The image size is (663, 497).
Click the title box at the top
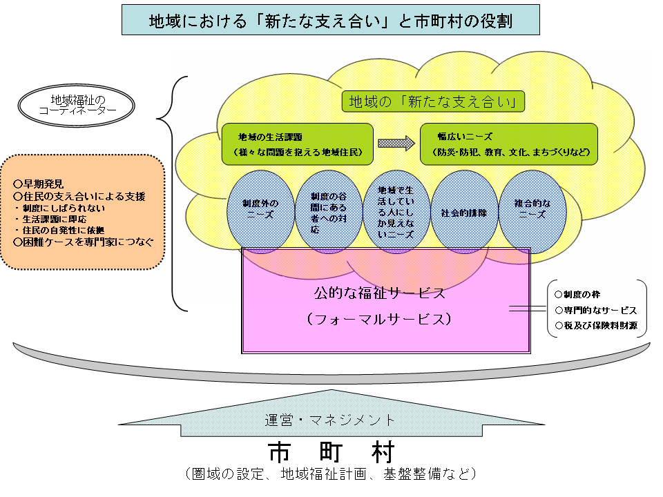click(x=331, y=20)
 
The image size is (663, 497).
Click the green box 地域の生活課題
click(x=297, y=144)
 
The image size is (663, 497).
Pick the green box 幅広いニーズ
click(x=509, y=144)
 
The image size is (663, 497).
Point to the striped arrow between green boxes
click(x=396, y=143)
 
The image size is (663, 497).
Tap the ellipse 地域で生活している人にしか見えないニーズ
click(x=396, y=210)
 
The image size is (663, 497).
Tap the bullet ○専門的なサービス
click(x=595, y=311)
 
